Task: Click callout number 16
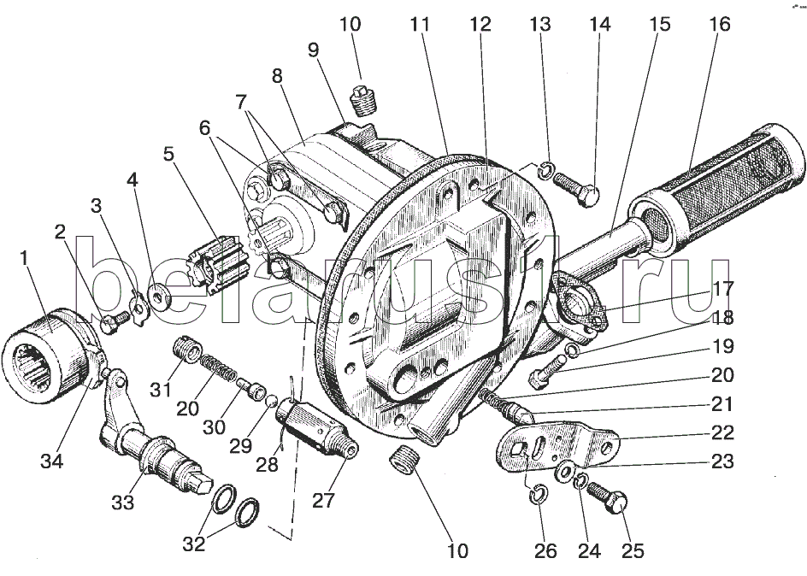point(719,25)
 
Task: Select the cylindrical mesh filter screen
point(727,186)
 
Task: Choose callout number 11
point(419,25)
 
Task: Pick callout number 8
point(276,74)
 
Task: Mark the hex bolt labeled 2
point(111,324)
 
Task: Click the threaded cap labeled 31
point(187,350)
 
